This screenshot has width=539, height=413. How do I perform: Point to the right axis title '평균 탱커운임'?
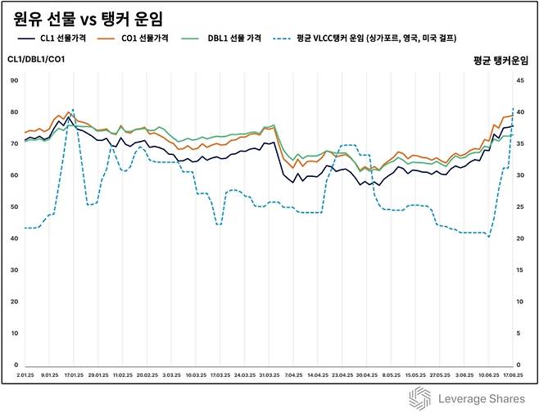[x=501, y=60]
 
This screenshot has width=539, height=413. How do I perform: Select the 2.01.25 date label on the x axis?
[x=25, y=374]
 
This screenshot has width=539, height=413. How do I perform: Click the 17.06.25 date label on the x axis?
[x=512, y=374]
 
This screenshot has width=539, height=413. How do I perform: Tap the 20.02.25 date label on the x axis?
[x=147, y=374]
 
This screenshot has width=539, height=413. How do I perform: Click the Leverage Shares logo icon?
[x=420, y=397]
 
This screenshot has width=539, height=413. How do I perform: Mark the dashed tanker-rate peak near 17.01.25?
[x=72, y=108]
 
